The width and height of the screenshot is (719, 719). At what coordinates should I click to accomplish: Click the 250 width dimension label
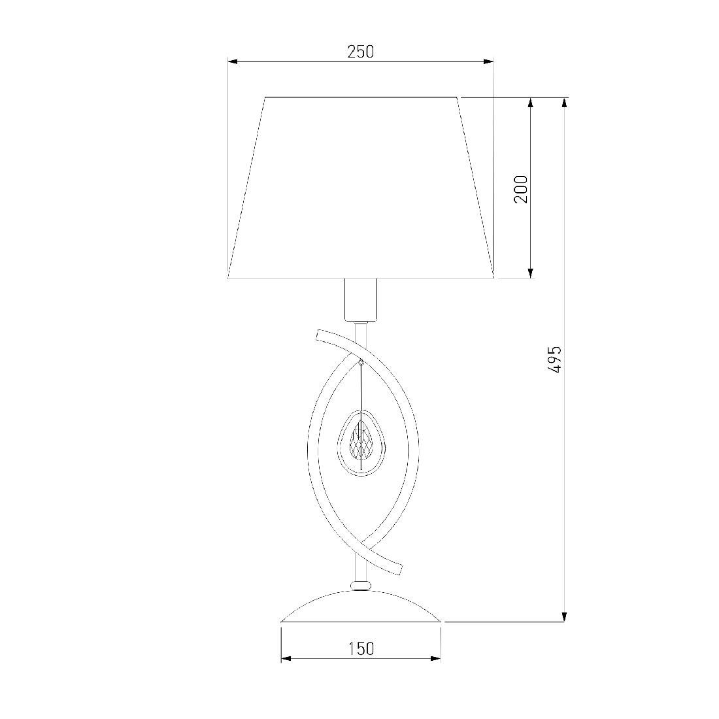click(x=360, y=52)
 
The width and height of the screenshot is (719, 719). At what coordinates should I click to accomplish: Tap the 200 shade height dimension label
click(x=521, y=189)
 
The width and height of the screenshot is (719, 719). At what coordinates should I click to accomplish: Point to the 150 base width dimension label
click(x=361, y=649)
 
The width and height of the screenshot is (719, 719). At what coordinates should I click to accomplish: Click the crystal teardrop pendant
click(x=361, y=443)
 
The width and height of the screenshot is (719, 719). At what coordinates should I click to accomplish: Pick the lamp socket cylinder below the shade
click(x=361, y=300)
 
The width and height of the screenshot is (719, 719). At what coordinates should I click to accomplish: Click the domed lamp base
click(x=361, y=606)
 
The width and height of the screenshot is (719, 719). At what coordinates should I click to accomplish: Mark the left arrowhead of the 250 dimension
click(x=233, y=61)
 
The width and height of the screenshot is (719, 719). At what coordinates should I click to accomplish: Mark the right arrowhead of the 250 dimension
click(x=489, y=61)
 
